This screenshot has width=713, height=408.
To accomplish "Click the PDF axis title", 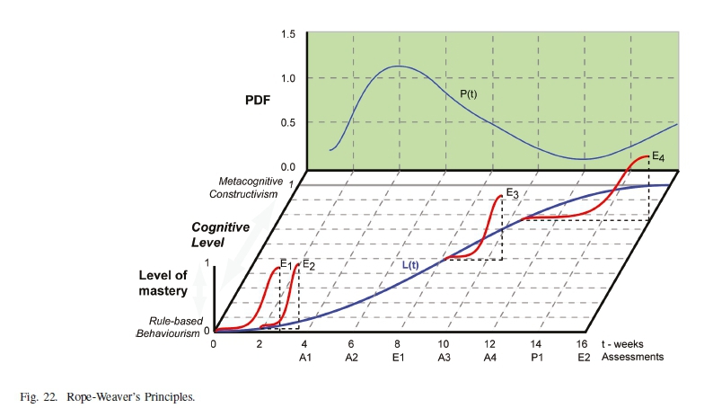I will pyautogui.click(x=258, y=101).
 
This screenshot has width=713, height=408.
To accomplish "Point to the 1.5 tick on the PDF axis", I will pyautogui.click(x=288, y=34).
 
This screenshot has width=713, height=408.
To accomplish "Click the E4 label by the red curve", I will pyautogui.click(x=658, y=157).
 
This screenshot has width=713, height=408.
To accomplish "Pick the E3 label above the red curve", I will pyautogui.click(x=512, y=192).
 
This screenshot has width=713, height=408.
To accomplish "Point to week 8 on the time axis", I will pyautogui.click(x=397, y=344).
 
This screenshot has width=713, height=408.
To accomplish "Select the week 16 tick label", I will pyautogui.click(x=582, y=344).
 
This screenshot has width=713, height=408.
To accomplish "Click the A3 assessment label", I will pyautogui.click(x=444, y=357).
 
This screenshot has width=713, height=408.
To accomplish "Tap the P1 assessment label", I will pyautogui.click(x=536, y=357).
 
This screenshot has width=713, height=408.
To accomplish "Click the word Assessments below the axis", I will pyautogui.click(x=633, y=357).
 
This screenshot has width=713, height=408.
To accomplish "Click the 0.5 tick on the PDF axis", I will pyautogui.click(x=288, y=122).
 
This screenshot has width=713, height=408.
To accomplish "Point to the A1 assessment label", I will pyautogui.click(x=304, y=357).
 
